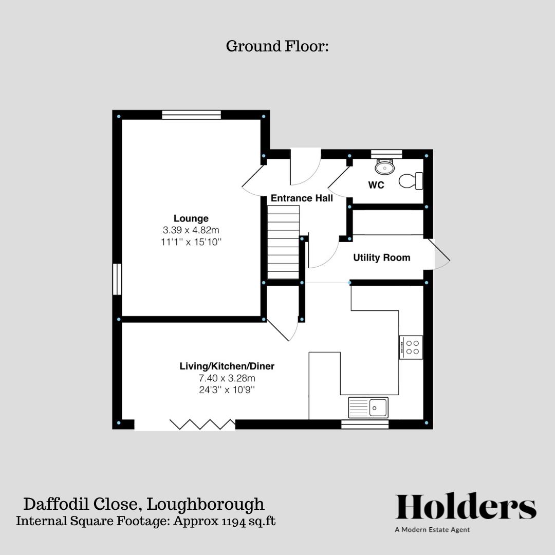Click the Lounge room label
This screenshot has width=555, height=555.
pos(191,218)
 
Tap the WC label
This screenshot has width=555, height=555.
pos(376,186)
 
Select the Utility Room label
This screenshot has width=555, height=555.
pos(381,258)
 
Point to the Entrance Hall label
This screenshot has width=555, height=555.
pos(302,198)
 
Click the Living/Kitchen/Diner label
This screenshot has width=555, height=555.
pos(227,366)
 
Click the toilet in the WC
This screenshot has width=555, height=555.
pos(411,180)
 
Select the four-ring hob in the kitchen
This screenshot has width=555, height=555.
pos(411,347)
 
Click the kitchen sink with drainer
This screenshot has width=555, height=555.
pos(368,408)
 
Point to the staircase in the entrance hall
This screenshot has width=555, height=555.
pos(283,242)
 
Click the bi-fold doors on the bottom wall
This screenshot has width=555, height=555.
pos(202,424)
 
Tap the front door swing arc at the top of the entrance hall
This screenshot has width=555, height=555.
pos(305,168)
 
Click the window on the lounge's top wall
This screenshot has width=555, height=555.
pos(191,115)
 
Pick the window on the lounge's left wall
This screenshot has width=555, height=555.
pos(117,279)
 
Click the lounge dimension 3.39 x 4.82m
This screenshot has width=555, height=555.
pos(191,230)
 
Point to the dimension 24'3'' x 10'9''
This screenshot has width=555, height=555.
pos(227,390)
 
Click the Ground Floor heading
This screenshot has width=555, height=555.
pos(277,47)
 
